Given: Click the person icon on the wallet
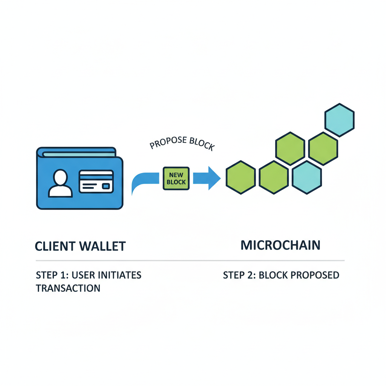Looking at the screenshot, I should (x=60, y=184).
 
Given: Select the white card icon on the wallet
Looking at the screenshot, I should (x=96, y=182).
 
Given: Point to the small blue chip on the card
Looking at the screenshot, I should (x=106, y=186).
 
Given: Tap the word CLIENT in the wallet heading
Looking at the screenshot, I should (x=55, y=246).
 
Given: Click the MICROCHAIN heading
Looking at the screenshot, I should (x=280, y=245).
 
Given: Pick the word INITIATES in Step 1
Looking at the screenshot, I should (x=119, y=275).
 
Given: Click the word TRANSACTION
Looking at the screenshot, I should (x=68, y=288).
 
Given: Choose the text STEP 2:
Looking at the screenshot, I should (x=237, y=275).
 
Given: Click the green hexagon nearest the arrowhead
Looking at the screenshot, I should (x=240, y=177).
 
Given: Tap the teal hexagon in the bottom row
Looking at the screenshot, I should (x=307, y=177).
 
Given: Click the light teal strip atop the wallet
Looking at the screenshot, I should (x=79, y=154).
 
